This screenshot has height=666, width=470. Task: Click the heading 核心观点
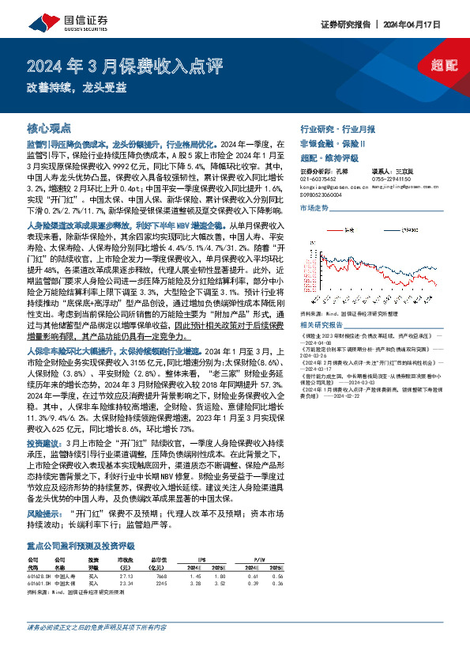49,127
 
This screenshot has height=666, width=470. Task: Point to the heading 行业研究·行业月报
338,128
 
